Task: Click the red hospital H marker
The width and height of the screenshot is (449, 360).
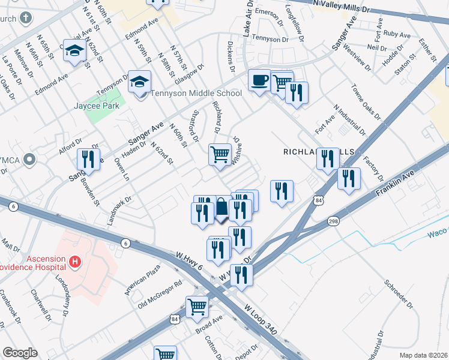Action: tap(75, 262)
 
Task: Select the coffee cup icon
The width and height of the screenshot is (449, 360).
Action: tap(259, 80)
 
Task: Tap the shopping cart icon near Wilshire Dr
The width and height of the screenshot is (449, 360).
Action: tap(220, 154)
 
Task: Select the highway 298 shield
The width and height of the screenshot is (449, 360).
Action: tap(333, 222)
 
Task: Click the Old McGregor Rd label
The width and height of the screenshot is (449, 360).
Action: tap(160, 294)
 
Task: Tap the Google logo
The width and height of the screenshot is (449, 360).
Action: tap(20, 353)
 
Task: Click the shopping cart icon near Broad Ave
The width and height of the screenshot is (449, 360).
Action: tap(197, 307)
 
